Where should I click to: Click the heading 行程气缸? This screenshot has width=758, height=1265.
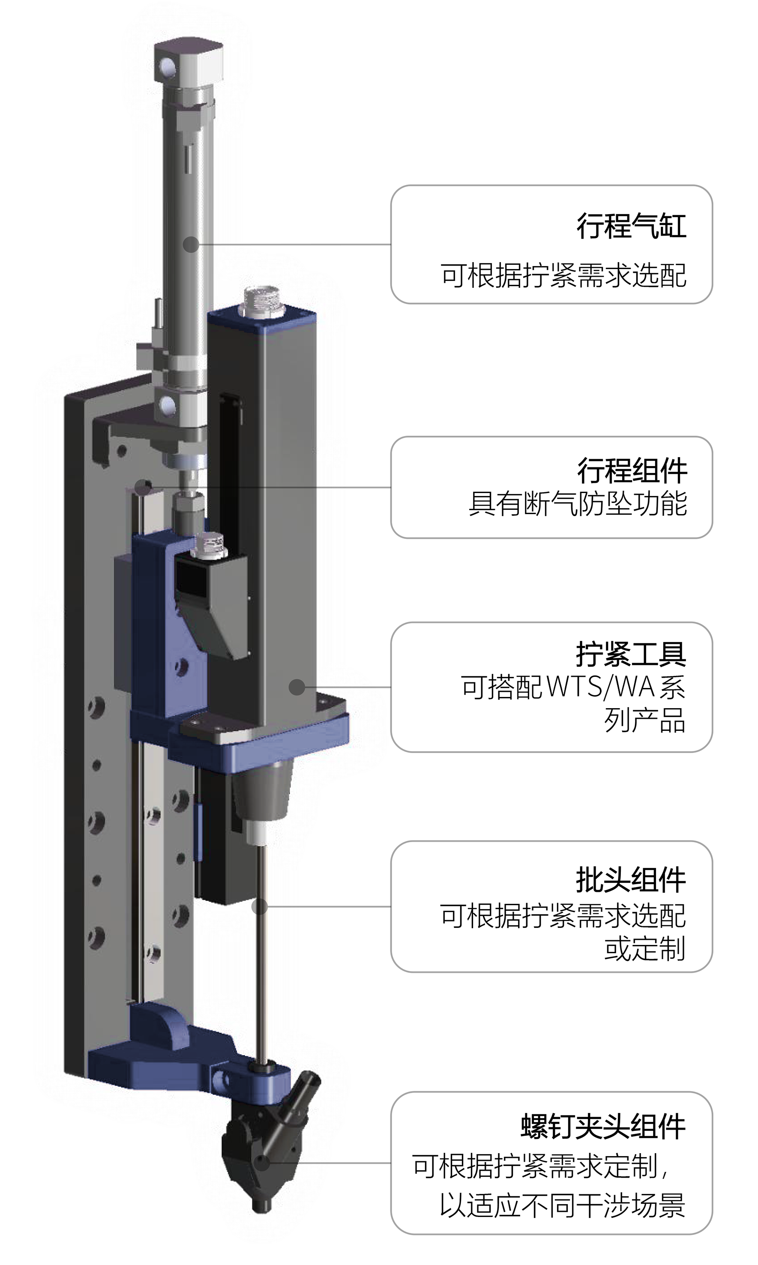pos(631,226)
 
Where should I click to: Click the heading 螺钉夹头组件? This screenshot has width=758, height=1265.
pos(603,1126)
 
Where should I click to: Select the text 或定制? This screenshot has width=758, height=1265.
pos(644,949)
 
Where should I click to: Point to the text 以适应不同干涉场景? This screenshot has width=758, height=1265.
pos(562,1205)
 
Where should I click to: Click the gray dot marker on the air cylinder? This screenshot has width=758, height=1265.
pos(191,245)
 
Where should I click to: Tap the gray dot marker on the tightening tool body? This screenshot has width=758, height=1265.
pos(297,687)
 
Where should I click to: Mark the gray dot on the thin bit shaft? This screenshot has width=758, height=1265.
pos(260,906)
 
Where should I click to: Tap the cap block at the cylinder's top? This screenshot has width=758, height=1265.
pos(189,60)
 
